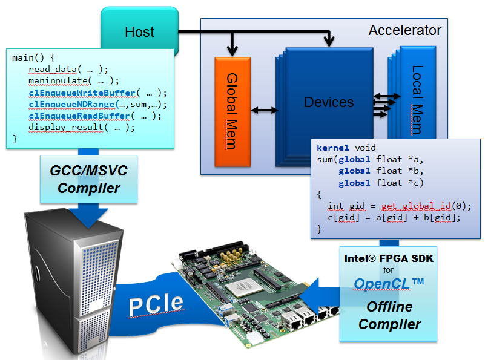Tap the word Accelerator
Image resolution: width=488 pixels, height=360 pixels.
coord(405,30)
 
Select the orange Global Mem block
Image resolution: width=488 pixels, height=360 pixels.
coord(232,111)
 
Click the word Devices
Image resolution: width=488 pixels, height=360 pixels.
coord(329,102)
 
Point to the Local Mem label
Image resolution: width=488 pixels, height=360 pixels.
coord(417,100)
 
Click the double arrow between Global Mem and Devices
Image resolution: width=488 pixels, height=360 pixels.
coord(264,110)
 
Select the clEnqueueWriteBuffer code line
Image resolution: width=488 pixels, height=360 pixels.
coord(97,93)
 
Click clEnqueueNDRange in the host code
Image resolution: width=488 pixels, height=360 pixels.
coord(71,105)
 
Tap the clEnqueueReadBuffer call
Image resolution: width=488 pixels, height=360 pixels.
coord(95,116)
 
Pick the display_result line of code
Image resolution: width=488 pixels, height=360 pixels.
coord(82,128)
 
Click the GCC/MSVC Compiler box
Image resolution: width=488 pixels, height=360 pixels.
coord(88,179)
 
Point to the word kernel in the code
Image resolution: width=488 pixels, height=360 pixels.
coord(332,148)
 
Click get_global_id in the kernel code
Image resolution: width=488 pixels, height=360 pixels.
coord(417,206)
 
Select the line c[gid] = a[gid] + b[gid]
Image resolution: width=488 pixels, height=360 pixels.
coord(394,217)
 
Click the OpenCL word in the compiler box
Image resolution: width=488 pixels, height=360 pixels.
coord(382,284)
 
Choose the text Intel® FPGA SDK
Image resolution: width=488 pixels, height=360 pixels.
coord(389,258)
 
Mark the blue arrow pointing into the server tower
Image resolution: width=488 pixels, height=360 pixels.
coord(88,216)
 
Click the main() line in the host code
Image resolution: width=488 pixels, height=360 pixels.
coord(34,58)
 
